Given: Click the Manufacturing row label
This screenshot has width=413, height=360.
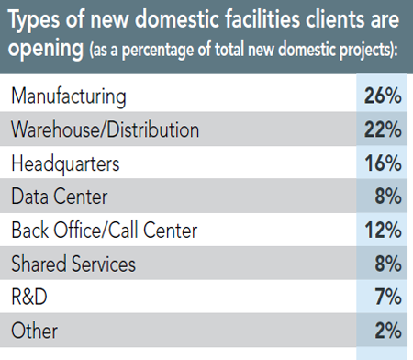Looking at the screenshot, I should [x=68, y=96].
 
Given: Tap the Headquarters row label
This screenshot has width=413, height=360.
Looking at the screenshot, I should [x=65, y=163].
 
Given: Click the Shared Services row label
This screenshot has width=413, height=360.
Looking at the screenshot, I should [x=73, y=264].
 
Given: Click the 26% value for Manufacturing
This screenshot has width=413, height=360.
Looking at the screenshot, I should [x=381, y=96].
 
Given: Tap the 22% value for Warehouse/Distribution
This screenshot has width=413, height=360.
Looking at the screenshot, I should [x=381, y=129].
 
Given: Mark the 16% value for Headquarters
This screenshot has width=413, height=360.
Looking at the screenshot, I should [x=381, y=163].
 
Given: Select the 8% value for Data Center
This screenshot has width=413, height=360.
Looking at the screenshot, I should [x=385, y=197].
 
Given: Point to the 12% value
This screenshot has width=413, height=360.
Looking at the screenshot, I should [x=381, y=231].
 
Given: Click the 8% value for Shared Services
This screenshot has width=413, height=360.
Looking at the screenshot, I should [x=385, y=264].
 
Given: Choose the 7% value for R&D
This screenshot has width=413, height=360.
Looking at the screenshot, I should [x=385, y=298].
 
